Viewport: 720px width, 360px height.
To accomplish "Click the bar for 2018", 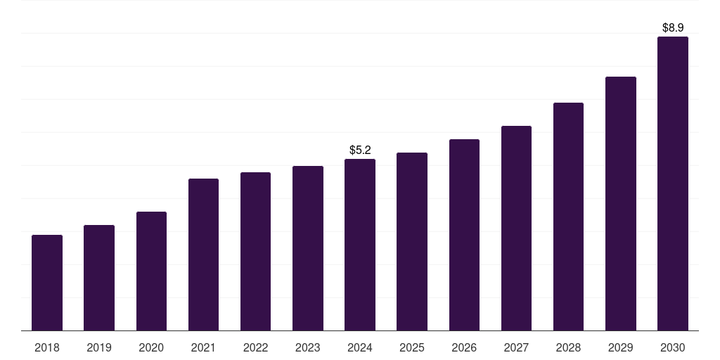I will [x=47, y=283].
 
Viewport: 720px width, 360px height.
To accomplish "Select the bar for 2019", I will [x=99, y=278].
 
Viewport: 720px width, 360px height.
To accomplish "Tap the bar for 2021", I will [x=203, y=255].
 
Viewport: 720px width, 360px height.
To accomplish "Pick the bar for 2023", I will [x=308, y=248].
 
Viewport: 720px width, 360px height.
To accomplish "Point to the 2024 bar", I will [x=360, y=245].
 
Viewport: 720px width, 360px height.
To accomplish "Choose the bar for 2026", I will [x=464, y=235].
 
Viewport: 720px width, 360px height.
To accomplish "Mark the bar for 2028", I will [x=568, y=217].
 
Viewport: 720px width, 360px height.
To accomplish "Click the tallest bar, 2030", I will [x=673, y=184].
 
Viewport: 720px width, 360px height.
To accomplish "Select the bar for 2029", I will [x=621, y=204].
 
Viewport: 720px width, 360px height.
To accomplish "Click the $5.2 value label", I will [x=360, y=150].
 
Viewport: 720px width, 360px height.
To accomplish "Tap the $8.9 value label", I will [x=673, y=28].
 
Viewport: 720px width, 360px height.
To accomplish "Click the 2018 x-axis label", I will [x=47, y=347].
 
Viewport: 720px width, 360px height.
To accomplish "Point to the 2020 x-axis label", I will [x=151, y=347].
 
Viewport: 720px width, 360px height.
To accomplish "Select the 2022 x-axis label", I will [x=255, y=347].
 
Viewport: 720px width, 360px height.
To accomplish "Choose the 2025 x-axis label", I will [x=412, y=347].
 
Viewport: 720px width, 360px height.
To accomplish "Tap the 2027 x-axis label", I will [x=516, y=347].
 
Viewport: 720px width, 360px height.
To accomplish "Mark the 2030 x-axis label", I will [x=673, y=347].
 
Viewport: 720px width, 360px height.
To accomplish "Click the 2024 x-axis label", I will [x=360, y=347].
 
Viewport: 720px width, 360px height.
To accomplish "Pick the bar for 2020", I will [x=151, y=271].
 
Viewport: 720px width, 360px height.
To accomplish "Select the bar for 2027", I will [x=516, y=229].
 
